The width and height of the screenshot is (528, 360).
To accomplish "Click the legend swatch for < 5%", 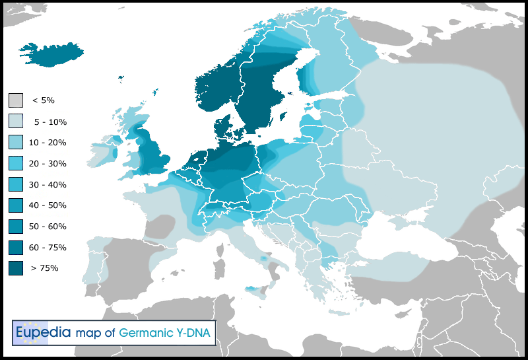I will [x=16, y=100].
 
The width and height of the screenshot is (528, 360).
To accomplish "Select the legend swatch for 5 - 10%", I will [x=16, y=122].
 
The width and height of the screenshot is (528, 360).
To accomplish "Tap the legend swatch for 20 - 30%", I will [x=16, y=163].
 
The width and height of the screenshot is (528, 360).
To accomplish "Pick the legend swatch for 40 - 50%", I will [x=16, y=205].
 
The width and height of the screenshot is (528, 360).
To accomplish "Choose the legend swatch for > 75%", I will [x=16, y=268].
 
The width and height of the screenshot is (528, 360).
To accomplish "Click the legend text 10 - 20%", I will [x=48, y=143].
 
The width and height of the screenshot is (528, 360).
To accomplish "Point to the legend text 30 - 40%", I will [x=48, y=184].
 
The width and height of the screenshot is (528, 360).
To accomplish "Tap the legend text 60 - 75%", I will [x=48, y=247].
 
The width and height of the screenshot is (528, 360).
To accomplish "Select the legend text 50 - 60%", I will [x=48, y=227].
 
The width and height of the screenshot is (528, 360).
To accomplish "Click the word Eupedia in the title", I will [x=43, y=333].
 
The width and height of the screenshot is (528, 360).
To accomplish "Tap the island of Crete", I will [x=344, y=312].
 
